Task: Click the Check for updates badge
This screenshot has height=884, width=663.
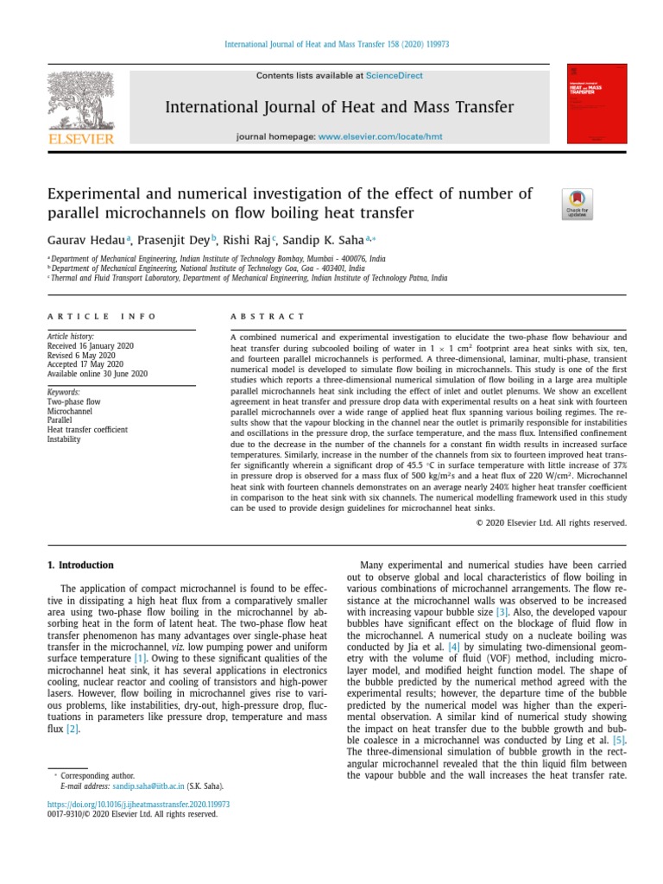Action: coord(578,204)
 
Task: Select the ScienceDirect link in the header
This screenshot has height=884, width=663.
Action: coord(394,76)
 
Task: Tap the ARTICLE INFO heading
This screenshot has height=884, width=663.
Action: coord(102,317)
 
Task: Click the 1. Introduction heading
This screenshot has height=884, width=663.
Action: coord(79,565)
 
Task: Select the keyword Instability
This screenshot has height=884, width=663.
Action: coord(64,439)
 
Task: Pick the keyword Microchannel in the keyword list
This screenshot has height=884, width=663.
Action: coord(70,411)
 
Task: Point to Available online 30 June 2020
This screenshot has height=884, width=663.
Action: coord(97,374)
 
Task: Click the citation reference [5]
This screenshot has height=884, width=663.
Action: coord(618,740)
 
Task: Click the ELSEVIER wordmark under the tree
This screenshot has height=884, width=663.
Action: coord(79,138)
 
